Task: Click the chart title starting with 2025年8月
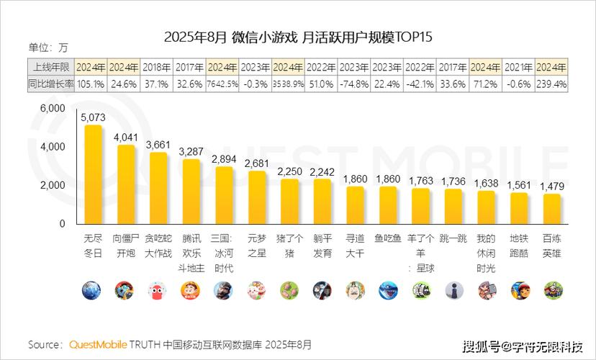click(297, 37)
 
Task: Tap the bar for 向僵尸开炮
click(125, 184)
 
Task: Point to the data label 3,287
click(191, 152)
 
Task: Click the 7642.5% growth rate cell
click(222, 84)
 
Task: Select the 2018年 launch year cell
click(156, 67)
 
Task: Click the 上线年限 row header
click(51, 67)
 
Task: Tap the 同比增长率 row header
click(51, 84)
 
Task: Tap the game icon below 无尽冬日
click(91, 290)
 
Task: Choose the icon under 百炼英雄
click(552, 290)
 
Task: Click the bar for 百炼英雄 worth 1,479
click(552, 209)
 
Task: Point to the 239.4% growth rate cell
click(551, 84)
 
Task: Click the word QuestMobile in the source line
click(98, 344)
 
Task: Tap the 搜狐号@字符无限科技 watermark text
click(523, 345)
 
